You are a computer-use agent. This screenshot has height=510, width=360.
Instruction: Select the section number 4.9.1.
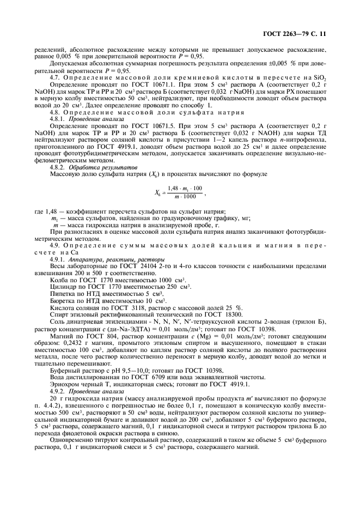pyautogui.click(x=58, y=260)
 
